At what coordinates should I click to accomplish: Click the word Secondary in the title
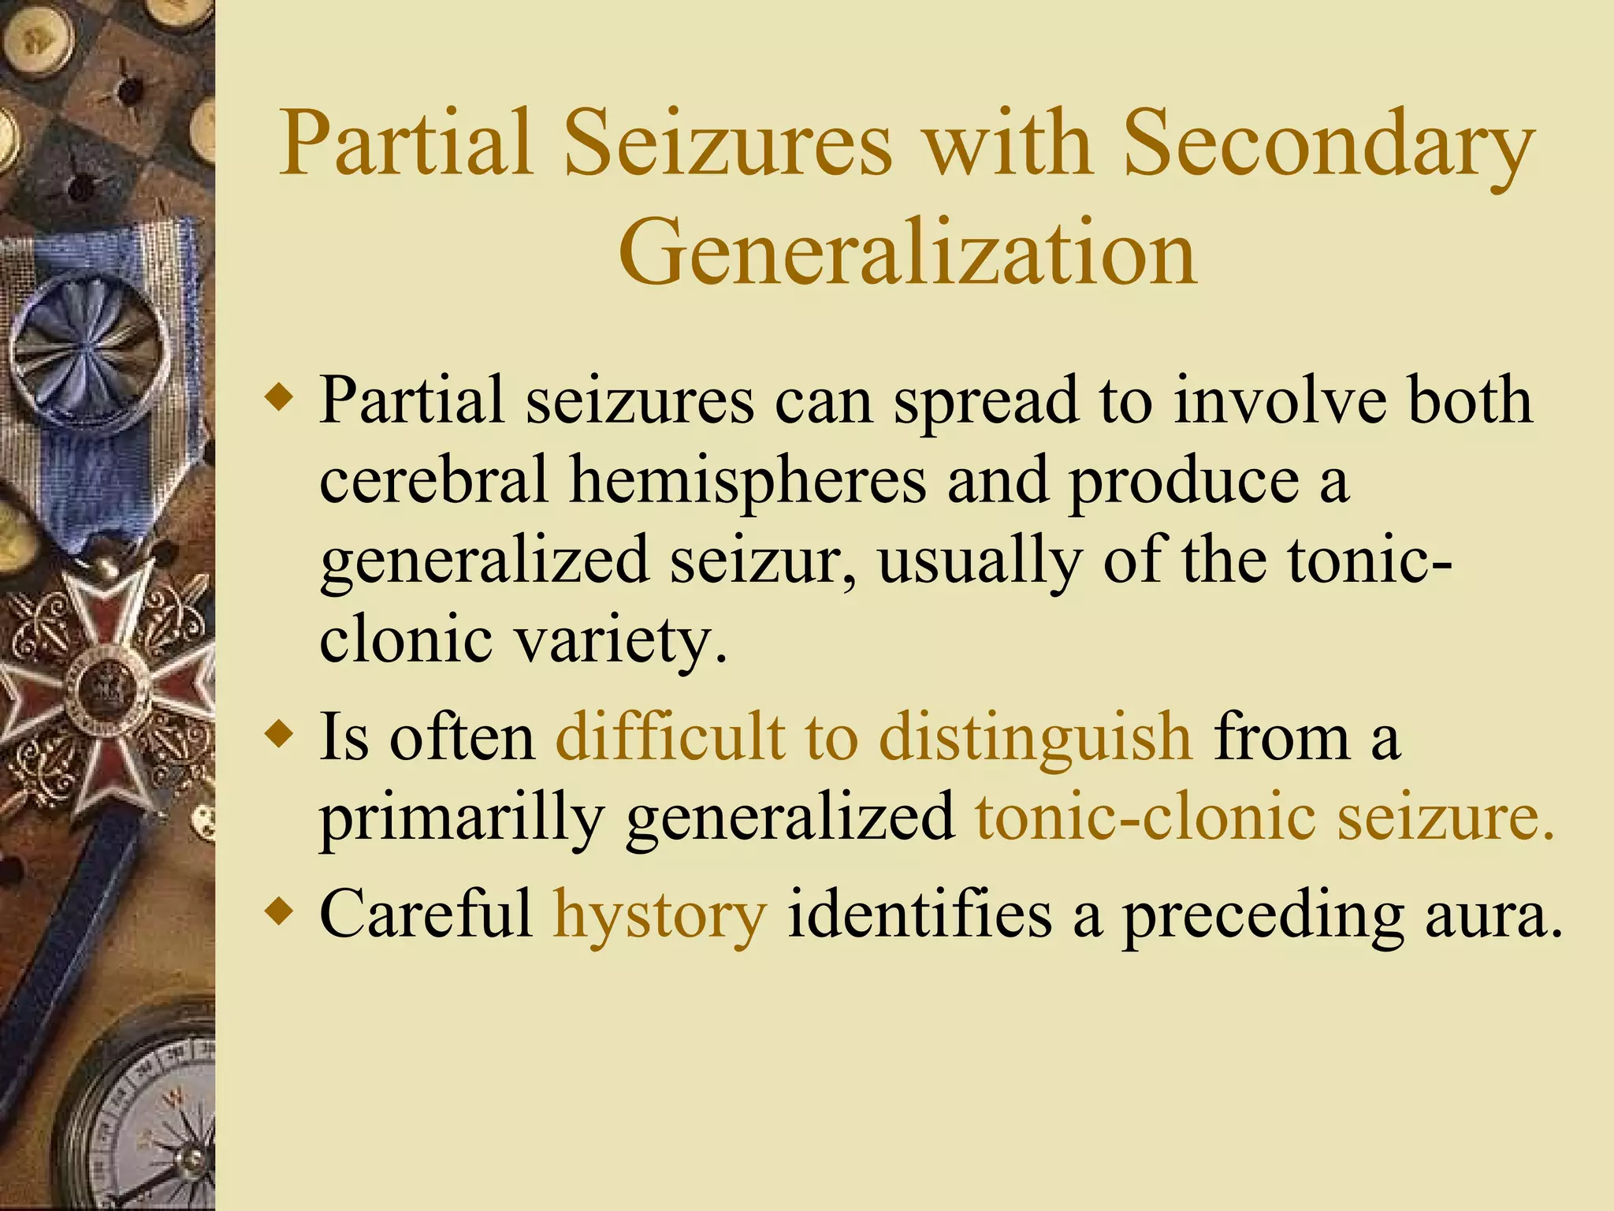[x=1328, y=146]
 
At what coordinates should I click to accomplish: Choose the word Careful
[x=426, y=915]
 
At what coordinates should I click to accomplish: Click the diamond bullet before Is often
[x=281, y=735]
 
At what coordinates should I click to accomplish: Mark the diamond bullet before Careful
[x=281, y=912]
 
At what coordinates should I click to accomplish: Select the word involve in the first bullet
[x=1280, y=400]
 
